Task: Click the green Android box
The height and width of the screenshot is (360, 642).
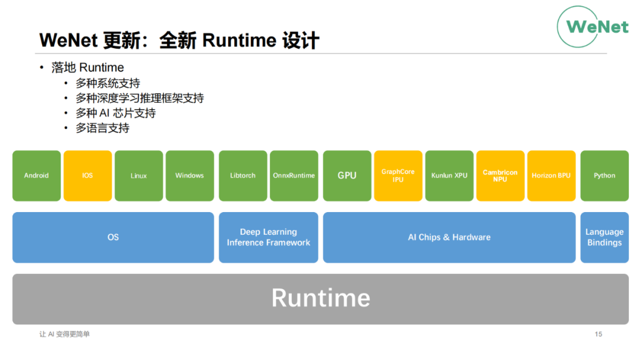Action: pos(36,176)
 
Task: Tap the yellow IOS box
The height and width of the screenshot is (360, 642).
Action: pos(87,176)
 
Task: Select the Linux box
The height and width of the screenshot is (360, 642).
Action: pos(139,176)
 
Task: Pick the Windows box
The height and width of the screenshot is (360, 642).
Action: pos(190,176)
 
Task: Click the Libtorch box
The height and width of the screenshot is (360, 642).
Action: pos(243,176)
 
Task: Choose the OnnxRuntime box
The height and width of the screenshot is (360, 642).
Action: pos(294,176)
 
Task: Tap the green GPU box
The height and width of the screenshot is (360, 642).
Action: pos(347,176)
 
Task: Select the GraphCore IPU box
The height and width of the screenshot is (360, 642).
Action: pos(398,176)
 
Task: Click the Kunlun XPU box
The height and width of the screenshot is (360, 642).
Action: pos(449,176)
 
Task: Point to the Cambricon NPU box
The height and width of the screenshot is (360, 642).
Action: pos(501,176)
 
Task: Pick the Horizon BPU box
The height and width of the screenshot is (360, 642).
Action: pos(551,176)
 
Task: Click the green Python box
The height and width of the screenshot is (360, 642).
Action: pos(605,176)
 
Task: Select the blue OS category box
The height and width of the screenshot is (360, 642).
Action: pos(113,237)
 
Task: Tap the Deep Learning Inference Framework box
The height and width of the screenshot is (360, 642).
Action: pos(269,237)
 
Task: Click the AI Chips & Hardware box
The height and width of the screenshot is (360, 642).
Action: pos(449,237)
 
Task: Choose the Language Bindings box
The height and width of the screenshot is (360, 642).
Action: pos(605,237)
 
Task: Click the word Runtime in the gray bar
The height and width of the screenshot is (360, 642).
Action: pos(320,298)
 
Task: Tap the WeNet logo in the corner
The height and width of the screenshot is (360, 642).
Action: pos(593,27)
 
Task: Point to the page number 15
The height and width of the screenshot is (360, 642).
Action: pos(598,334)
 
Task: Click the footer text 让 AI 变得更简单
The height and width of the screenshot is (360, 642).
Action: pos(64,334)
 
